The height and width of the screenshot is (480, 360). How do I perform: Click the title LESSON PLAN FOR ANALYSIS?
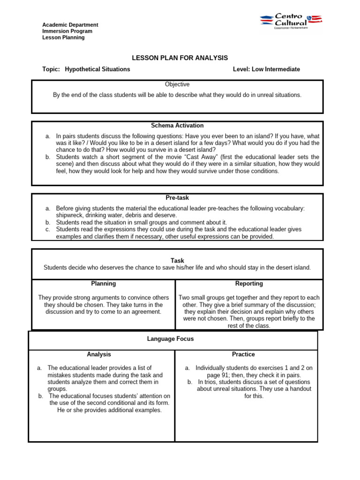[180, 58]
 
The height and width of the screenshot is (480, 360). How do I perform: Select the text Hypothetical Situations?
[97, 69]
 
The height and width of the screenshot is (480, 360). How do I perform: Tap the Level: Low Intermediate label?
[266, 69]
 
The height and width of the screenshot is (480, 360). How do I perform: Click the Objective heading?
[177, 84]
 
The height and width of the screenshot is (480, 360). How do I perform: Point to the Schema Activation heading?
[177, 126]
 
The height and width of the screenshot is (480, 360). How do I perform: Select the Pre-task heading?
[177, 198]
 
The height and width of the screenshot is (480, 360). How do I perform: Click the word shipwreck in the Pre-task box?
[71, 215]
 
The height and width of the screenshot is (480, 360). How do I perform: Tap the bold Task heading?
[178, 261]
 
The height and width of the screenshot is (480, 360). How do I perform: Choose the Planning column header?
[103, 284]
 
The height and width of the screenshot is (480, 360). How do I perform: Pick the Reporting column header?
[249, 284]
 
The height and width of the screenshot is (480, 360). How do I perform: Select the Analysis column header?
[99, 354]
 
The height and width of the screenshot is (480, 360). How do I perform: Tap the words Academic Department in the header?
[70, 25]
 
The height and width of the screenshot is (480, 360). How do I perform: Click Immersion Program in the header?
[67, 31]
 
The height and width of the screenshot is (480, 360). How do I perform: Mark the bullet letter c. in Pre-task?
[48, 230]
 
